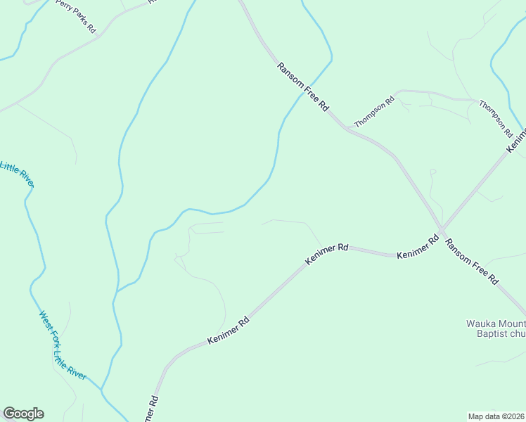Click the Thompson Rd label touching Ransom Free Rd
tap(374, 113)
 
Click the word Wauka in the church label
tap(481, 324)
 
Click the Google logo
tap(23, 414)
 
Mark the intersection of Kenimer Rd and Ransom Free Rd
tap(441, 229)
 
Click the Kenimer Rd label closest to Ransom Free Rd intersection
tap(418, 247)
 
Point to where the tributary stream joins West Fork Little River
tap(102, 389)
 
